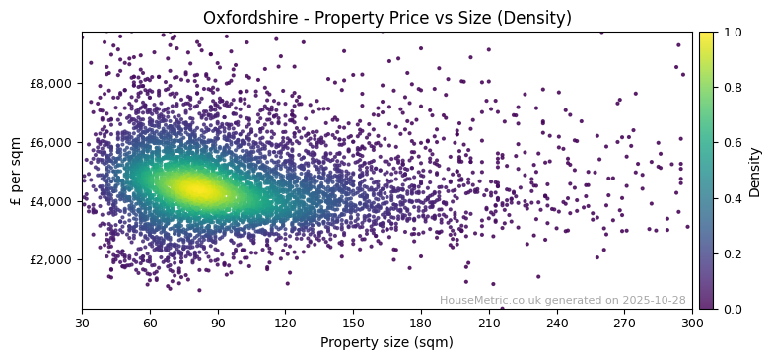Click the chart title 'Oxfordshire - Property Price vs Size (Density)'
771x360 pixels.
[386, 18]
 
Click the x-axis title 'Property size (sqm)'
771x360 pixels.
[386, 342]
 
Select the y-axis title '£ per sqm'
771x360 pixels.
[16, 171]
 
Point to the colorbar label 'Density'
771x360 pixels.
[755, 171]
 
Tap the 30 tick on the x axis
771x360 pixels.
[82, 323]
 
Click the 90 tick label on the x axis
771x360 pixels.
[218, 323]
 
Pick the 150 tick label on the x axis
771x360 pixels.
[353, 323]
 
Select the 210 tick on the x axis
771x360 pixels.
[489, 323]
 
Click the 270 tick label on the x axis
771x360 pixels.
[624, 323]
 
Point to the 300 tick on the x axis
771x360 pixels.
[692, 323]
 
